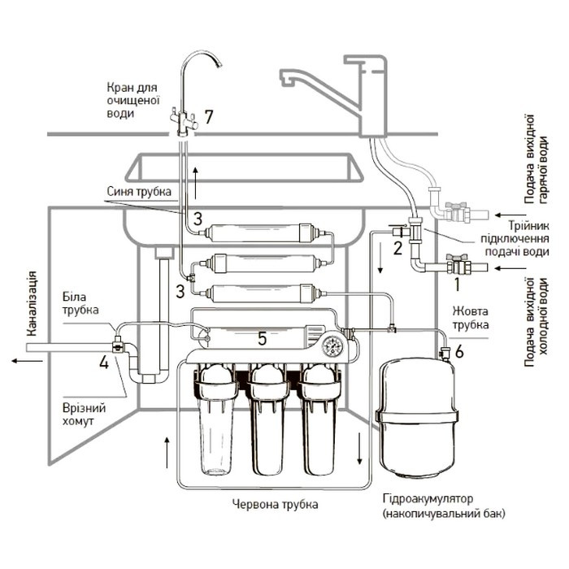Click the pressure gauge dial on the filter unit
point(332,345)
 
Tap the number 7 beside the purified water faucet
point(209,117)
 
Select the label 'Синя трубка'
point(139,191)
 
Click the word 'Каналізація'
point(33,303)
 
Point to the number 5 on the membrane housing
point(262,339)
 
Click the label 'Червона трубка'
point(275,504)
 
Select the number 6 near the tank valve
point(459,352)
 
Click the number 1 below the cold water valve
point(457,284)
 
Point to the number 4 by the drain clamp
point(104,363)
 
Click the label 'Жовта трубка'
point(471,318)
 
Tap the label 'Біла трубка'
point(80,303)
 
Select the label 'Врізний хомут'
point(85,415)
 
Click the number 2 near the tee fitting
point(398,249)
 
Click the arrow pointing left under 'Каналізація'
point(27,361)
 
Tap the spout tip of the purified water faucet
point(219,64)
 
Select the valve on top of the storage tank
point(444,352)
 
